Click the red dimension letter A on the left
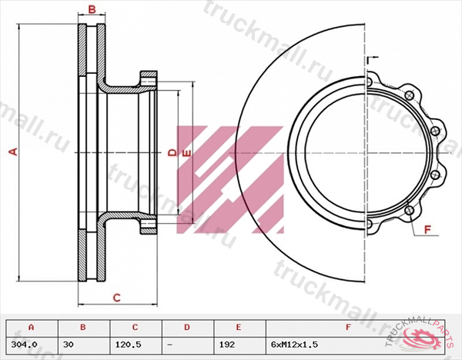click(12, 152)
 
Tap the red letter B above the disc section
click(91, 10)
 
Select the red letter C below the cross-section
click(117, 297)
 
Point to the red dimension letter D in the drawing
click(172, 153)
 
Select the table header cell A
click(30, 327)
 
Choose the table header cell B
click(83, 327)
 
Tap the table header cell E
click(239, 327)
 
